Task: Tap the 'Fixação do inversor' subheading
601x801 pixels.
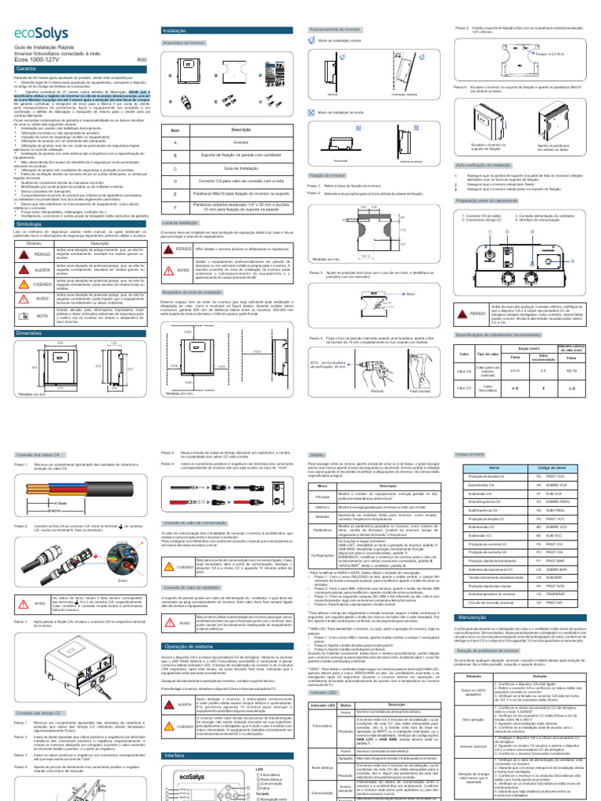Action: pyautogui.click(x=324, y=175)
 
